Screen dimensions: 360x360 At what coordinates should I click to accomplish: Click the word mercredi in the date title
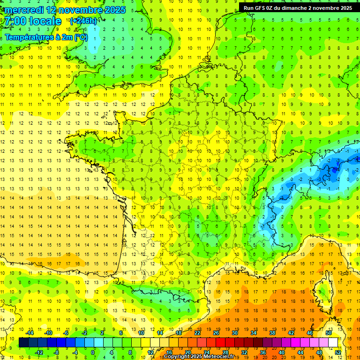click(x=24, y=10)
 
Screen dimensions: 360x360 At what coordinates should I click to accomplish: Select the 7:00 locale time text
click(x=33, y=22)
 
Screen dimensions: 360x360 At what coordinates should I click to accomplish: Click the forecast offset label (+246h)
click(x=83, y=21)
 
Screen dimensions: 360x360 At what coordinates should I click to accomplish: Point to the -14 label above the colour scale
click(x=30, y=333)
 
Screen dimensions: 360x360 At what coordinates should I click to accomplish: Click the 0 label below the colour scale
click(x=93, y=352)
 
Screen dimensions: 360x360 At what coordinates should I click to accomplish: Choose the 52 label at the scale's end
click(x=338, y=352)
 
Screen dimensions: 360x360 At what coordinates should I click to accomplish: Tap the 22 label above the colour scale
click(x=197, y=333)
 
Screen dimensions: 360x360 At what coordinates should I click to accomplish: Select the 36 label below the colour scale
click(x=263, y=352)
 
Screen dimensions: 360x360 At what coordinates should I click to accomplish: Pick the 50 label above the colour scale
click(x=329, y=333)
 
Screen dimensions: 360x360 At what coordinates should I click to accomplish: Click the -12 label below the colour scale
click(x=39, y=352)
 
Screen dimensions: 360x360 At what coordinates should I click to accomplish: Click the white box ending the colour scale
click(x=333, y=343)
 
